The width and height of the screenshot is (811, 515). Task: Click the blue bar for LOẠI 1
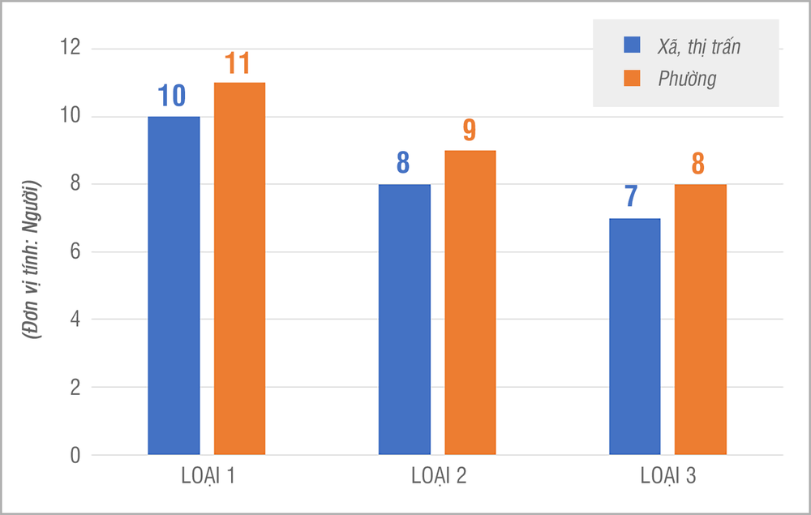174,285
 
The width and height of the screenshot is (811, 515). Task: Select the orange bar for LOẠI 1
239,268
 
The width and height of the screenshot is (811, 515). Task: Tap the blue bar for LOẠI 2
404,319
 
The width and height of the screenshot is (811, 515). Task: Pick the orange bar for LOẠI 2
470,302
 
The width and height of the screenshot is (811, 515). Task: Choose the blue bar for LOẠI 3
634,336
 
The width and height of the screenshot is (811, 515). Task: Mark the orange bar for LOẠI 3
700,319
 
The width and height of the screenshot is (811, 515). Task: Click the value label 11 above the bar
239,64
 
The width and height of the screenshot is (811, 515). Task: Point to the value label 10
172,97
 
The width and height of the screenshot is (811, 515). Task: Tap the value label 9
470,131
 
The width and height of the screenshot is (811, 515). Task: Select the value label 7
633,199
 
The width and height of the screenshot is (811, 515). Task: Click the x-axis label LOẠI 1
208,477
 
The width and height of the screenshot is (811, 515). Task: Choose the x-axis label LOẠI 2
438,477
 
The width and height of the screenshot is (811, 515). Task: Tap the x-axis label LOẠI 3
668,477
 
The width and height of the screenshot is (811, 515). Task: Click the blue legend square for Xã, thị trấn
632,45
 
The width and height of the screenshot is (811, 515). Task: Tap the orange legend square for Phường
632,78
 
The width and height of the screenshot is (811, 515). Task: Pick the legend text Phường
687,79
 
